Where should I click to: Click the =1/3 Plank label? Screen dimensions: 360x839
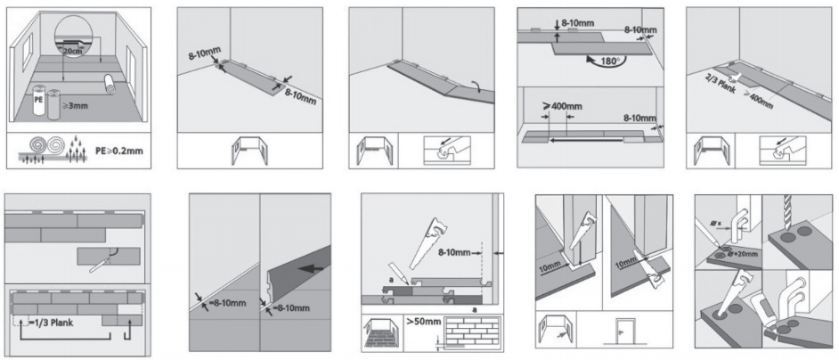[64, 323]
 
